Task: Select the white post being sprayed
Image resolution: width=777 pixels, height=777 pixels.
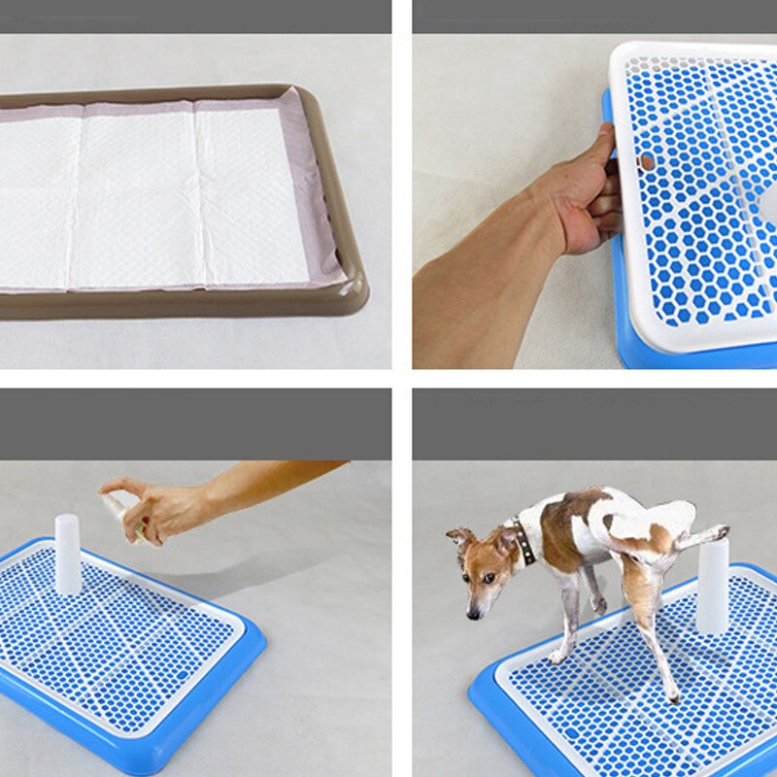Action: coord(68,554)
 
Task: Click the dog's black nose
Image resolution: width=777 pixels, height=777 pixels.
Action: coord(472,613)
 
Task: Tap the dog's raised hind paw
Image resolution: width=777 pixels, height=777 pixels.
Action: coord(719,531)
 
